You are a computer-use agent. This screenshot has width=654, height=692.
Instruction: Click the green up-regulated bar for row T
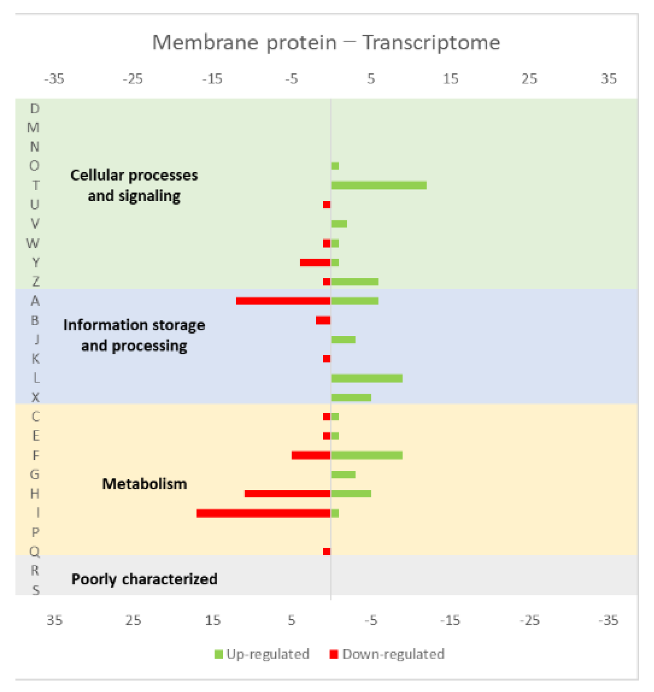379,185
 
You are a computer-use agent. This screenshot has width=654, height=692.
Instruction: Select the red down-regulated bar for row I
264,513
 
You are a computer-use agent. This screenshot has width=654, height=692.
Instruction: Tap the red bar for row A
284,301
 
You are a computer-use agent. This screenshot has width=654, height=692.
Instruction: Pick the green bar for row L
367,378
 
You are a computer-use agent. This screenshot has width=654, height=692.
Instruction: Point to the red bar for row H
287,494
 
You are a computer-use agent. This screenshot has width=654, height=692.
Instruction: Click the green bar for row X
351,398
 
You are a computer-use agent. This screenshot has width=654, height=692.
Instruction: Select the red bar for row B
323,320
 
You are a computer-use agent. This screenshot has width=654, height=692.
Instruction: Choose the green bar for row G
343,475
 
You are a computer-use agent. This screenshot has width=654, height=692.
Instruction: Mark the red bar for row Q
327,552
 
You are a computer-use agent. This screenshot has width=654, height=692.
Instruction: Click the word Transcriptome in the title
431,43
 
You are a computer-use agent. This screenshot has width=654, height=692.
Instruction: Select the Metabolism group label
144,484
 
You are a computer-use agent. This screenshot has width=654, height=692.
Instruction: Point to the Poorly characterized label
144,579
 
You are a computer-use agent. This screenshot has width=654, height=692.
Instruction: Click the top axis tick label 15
450,79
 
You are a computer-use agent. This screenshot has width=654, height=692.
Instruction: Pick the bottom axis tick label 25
133,621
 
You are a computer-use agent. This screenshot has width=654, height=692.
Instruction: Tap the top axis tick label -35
54,79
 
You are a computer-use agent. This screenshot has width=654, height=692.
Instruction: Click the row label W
33,243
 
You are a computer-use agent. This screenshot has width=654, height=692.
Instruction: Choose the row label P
35,533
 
